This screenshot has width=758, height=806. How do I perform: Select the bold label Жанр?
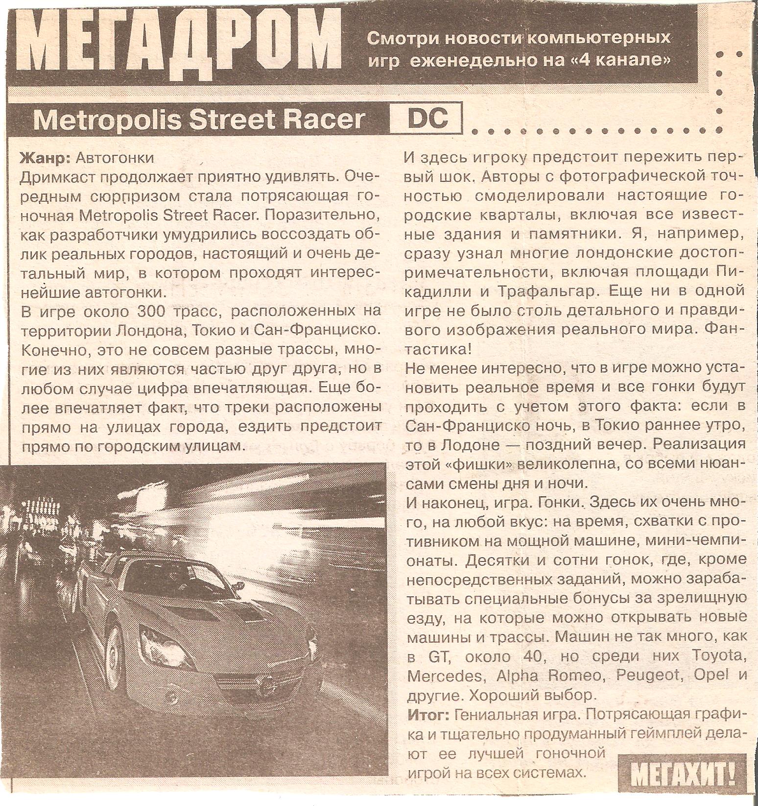tap(46, 158)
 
